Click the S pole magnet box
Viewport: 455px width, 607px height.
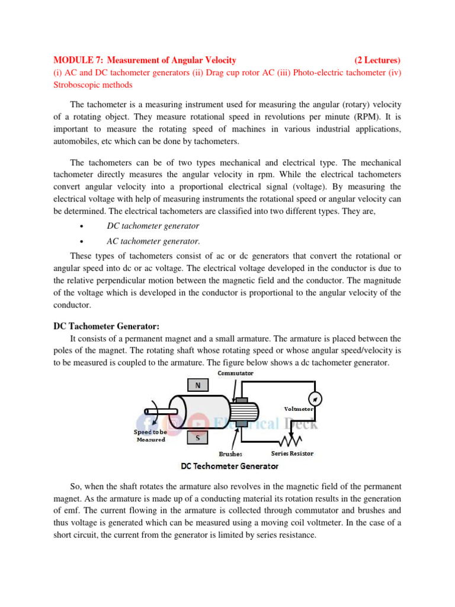(x=197, y=437)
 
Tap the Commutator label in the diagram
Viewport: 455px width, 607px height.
(x=235, y=373)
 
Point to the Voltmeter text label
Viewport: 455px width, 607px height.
(x=299, y=408)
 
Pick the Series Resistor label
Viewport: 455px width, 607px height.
(x=292, y=453)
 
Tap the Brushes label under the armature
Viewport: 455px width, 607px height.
(x=230, y=454)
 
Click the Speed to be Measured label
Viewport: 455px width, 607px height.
(x=150, y=436)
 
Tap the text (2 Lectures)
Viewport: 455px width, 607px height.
(x=377, y=60)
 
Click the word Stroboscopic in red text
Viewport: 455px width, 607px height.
(x=78, y=85)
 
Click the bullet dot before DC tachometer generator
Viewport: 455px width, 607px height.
(x=80, y=226)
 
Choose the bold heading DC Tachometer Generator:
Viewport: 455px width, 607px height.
(x=107, y=326)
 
